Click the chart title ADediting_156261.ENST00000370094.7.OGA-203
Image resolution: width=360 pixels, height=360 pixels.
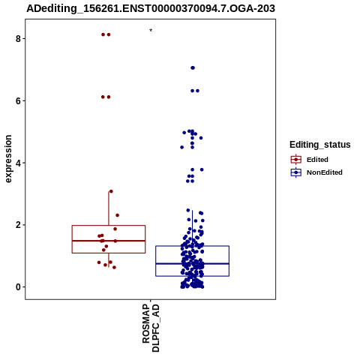[151, 8]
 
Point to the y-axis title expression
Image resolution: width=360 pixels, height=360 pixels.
[8, 159]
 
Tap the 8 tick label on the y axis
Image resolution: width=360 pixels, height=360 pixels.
[18, 39]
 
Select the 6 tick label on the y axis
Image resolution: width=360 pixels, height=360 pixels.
[18, 100]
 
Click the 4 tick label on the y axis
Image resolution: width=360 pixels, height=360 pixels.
[18, 163]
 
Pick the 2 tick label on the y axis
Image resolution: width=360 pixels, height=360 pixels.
[18, 225]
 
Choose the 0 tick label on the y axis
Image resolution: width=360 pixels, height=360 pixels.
[18, 287]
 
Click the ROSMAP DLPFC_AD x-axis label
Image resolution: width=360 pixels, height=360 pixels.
[151, 328]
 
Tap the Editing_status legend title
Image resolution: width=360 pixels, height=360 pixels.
[320, 145]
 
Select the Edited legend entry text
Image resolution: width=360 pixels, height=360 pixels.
[317, 160]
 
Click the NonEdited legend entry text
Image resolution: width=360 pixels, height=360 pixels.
[325, 172]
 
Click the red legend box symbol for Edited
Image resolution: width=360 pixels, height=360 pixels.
[296, 160]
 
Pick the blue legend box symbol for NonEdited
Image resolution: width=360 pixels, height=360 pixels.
[296, 172]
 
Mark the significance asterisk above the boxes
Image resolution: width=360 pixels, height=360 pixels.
[151, 31]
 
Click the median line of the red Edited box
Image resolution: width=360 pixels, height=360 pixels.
[109, 241]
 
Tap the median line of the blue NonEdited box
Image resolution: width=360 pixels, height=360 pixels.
[192, 264]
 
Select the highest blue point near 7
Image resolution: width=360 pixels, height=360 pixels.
[193, 67]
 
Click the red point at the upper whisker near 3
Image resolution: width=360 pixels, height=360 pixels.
[111, 191]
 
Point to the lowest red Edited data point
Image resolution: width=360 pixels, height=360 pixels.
[114, 268]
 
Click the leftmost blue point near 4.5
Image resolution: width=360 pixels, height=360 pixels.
[182, 147]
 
